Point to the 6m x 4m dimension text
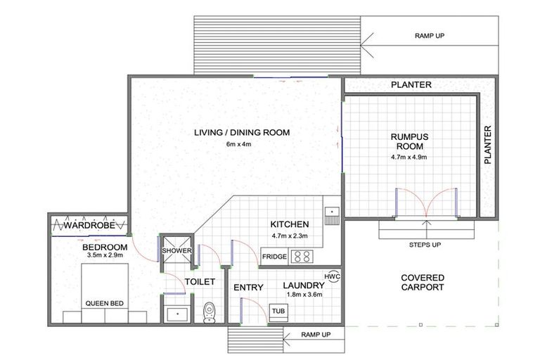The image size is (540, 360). [x=238, y=144]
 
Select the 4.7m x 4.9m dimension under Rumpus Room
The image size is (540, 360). [x=409, y=157]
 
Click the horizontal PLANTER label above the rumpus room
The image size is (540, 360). [x=411, y=86]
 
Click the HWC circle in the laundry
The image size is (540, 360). [x=333, y=276]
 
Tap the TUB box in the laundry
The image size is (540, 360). [x=278, y=310]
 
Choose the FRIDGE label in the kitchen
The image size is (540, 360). [x=274, y=257]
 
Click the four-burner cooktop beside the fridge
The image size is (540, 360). [x=302, y=256]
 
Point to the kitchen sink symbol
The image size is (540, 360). [x=330, y=211]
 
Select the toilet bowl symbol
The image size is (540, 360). [x=209, y=311]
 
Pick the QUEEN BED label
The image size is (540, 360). [x=105, y=304]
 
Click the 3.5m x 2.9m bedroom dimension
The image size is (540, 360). [x=103, y=257]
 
